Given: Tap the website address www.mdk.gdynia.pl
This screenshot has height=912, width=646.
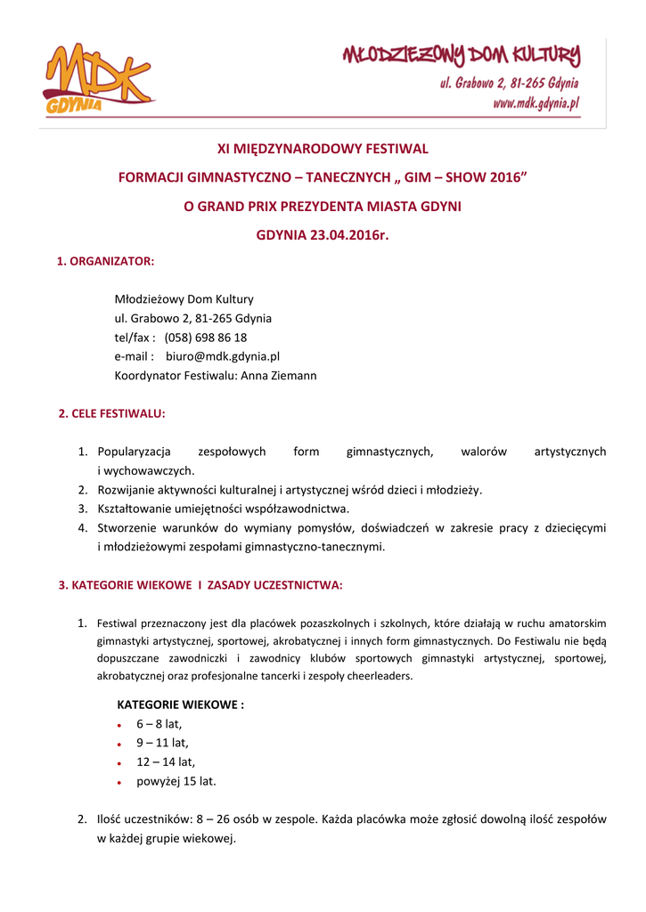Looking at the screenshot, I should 536,102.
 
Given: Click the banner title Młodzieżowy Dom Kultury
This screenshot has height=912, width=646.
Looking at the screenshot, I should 462,57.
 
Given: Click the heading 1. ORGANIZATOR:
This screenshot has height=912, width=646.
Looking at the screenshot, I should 105,261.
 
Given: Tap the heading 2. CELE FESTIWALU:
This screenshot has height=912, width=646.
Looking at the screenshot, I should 111,413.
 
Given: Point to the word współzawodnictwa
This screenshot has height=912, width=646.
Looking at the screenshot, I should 299,509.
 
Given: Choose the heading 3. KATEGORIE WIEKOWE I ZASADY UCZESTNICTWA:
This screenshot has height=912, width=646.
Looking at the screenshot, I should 200,585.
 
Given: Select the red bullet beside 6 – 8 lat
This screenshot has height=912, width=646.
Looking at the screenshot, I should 119,726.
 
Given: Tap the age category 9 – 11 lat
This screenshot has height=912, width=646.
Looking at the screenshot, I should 162,743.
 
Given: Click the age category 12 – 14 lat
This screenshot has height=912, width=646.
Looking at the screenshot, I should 165,761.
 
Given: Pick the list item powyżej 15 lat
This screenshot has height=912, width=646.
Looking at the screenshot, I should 176,781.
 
